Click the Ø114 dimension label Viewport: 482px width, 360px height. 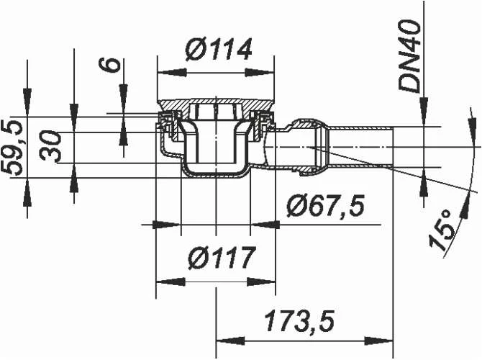pos(219,49)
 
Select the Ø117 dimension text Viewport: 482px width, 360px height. pos(222,258)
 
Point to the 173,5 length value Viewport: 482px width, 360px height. pos(299,321)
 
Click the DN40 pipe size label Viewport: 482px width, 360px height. pos(409,55)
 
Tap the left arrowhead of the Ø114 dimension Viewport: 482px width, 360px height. pos(172,73)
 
